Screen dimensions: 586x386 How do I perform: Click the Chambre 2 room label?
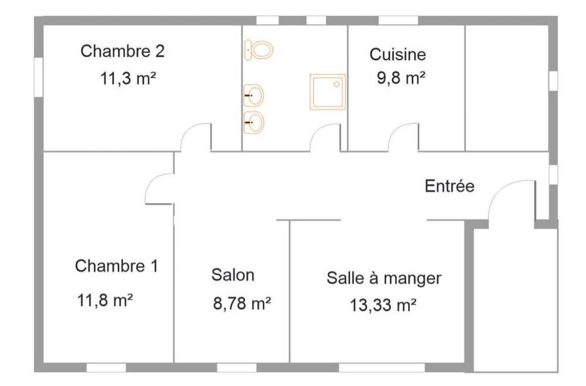coord(122,51)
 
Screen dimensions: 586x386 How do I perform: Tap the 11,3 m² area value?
coord(128,79)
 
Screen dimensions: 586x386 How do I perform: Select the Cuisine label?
coord(398,54)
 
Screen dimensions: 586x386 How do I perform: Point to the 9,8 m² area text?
coord(401,78)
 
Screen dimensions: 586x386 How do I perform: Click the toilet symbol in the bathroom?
coord(258,50)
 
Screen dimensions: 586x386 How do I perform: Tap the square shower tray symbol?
coord(328,92)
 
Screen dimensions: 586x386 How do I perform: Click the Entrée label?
coord(449,186)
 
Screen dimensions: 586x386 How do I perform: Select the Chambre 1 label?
coord(117,266)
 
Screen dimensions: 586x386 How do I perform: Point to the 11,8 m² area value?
coord(105,300)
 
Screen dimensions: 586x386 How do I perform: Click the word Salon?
coord(233,275)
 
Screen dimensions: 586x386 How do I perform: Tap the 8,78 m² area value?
coord(242,303)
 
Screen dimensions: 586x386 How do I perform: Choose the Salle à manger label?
coord(384,278)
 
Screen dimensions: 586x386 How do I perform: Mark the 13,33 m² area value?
coord(383,305)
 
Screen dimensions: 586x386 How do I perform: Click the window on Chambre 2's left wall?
coord(39,77)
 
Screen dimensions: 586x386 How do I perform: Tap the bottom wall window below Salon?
coord(237,367)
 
